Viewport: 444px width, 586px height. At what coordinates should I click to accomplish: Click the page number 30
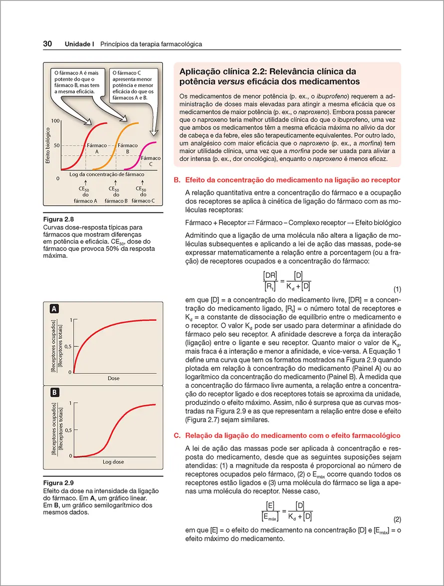(x=48, y=44)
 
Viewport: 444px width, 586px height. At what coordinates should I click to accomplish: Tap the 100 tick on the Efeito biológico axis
(x=55, y=121)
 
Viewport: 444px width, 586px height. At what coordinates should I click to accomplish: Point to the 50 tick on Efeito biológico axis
(x=57, y=145)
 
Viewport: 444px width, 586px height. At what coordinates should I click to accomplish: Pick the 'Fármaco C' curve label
(x=150, y=161)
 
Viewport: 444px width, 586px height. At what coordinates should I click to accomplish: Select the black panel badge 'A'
(x=53, y=309)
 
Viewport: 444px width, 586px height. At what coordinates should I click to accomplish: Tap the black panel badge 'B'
(x=53, y=392)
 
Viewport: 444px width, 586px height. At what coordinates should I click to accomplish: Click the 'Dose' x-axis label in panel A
(x=114, y=379)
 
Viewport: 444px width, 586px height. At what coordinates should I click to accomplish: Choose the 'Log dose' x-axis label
(x=114, y=462)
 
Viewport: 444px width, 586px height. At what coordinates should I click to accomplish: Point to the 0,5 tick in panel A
(x=68, y=346)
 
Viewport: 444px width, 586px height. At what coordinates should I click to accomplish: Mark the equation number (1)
(x=397, y=289)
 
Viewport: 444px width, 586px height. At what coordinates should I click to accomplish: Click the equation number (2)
(x=397, y=519)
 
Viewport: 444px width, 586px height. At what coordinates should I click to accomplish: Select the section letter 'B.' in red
(x=177, y=180)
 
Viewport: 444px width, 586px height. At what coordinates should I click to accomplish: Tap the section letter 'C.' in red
(x=177, y=436)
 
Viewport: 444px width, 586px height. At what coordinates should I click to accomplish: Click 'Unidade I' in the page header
(x=80, y=44)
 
